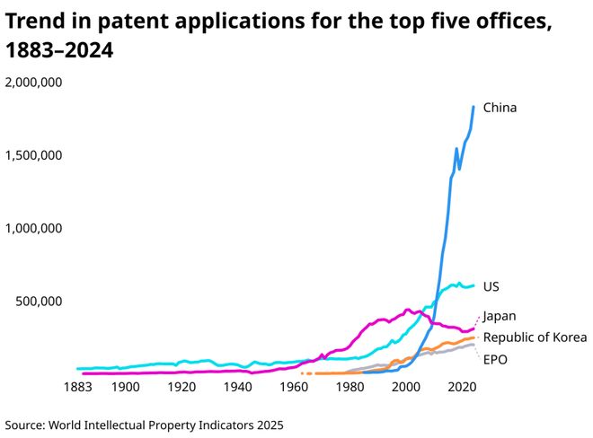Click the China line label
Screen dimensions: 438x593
[x=500, y=108]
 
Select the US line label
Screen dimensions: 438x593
[x=491, y=286]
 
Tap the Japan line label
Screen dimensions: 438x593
[x=500, y=316]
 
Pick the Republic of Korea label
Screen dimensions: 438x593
[x=535, y=337]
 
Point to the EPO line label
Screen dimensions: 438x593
[x=496, y=360]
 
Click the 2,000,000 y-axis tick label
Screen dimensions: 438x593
[x=33, y=83]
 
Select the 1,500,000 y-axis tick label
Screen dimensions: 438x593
[x=33, y=155]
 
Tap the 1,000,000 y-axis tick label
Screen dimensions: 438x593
[x=33, y=228]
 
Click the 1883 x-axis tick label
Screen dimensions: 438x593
[x=78, y=387]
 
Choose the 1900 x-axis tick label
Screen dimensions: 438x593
[x=126, y=387]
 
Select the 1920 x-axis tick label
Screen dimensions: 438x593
[x=181, y=387]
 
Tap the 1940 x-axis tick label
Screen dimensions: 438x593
[x=238, y=387]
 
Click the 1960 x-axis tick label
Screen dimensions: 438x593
[x=294, y=387]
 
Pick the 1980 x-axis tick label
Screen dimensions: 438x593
[x=350, y=387]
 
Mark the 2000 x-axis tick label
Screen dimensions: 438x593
[x=406, y=387]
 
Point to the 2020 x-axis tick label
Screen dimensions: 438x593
[x=463, y=387]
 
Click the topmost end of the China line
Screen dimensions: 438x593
[x=474, y=107]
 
